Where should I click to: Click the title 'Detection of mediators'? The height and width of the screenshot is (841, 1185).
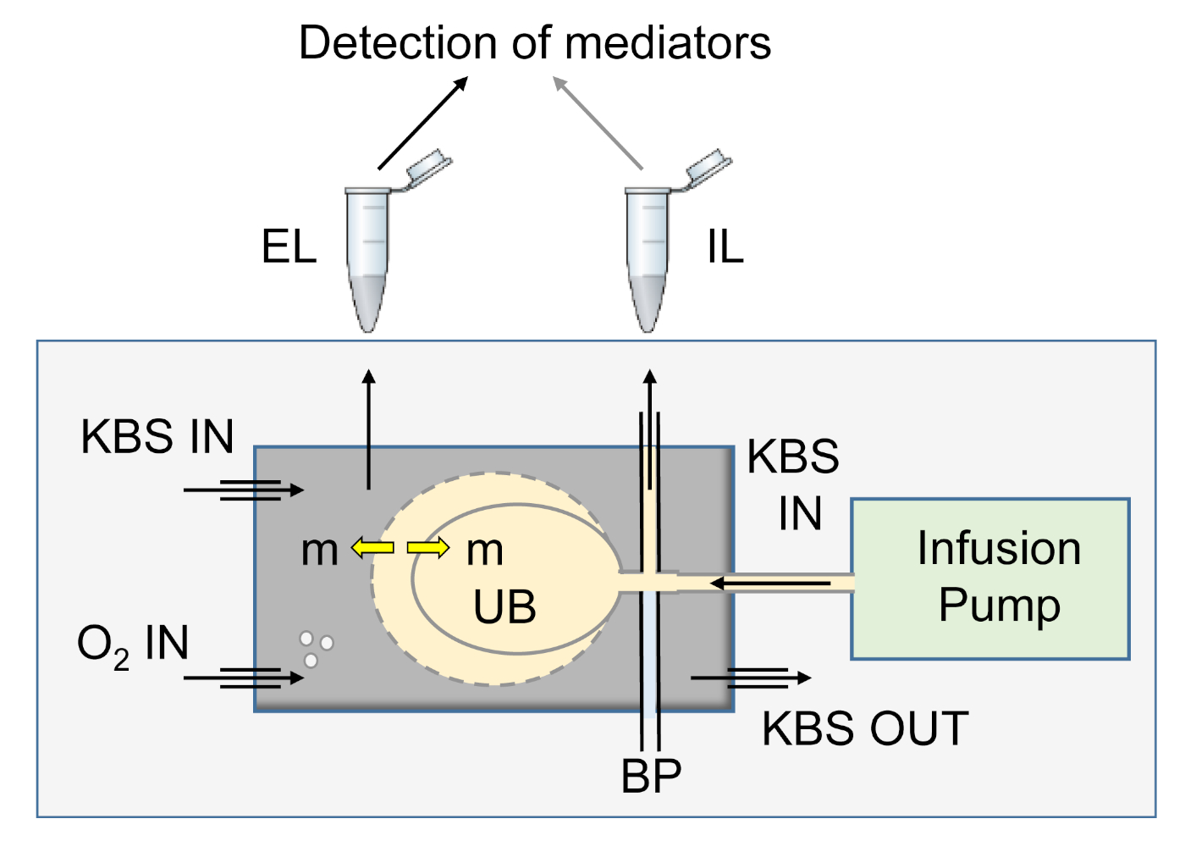pyautogui.click(x=535, y=42)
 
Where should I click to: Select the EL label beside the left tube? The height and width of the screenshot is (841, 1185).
pyautogui.click(x=289, y=248)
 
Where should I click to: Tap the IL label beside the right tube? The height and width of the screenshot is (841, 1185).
pyautogui.click(x=725, y=248)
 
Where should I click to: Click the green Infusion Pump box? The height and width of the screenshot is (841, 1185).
pyautogui.click(x=990, y=578)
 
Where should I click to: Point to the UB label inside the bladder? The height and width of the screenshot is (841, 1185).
pyautogui.click(x=504, y=607)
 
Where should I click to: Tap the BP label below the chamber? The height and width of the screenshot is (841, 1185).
pyautogui.click(x=651, y=776)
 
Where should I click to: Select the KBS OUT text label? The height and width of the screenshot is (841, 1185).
pyautogui.click(x=865, y=729)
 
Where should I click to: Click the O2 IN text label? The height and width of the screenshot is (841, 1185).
pyautogui.click(x=133, y=645)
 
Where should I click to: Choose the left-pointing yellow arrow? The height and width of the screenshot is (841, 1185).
pyautogui.click(x=372, y=548)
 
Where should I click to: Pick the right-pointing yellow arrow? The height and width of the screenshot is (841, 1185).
pyautogui.click(x=428, y=548)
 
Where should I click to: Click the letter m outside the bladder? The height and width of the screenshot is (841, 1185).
pyautogui.click(x=319, y=551)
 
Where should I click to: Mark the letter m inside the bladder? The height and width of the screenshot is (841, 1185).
pyautogui.click(x=485, y=551)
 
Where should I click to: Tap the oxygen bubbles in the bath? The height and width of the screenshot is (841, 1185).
pyautogui.click(x=316, y=648)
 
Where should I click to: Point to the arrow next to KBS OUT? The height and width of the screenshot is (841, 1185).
pyautogui.click(x=751, y=678)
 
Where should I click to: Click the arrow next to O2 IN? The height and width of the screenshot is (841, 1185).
pyautogui.click(x=244, y=678)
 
